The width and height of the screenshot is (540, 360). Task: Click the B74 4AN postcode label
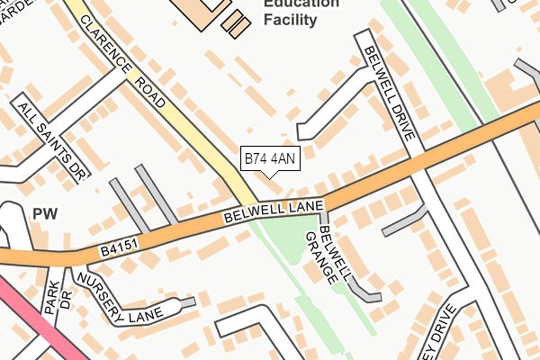(270, 159)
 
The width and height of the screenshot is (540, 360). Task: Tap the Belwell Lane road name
(274, 213)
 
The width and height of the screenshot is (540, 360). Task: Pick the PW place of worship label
(44, 213)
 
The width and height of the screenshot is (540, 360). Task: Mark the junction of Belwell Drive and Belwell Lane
(417, 162)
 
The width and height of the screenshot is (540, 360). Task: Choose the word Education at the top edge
(301, 3)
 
